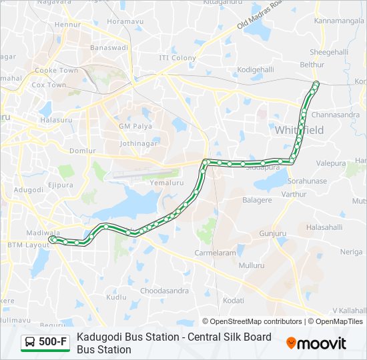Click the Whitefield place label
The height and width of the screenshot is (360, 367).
[x=299, y=130]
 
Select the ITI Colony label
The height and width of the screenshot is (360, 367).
[x=177, y=58]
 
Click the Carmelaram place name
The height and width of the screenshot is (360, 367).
[x=215, y=253]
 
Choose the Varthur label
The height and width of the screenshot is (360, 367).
[x=294, y=194]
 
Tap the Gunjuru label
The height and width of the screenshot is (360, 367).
[x=272, y=234]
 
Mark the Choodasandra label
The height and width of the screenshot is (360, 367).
[x=163, y=291]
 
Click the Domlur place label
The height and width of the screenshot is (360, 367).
[x=83, y=151]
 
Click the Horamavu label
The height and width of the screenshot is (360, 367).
[x=125, y=22]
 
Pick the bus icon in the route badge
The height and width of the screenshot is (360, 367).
[x=31, y=343]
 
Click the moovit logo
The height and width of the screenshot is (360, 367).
[x=316, y=343]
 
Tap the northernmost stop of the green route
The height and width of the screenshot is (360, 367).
[x=316, y=83]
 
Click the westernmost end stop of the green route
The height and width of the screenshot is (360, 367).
[x=52, y=238]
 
